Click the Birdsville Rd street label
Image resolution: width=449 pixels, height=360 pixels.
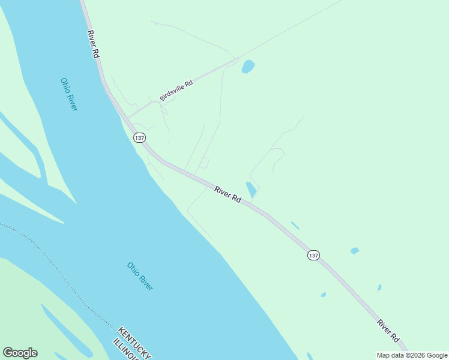tap(176, 91)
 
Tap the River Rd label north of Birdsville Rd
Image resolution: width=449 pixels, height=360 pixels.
tap(93, 44)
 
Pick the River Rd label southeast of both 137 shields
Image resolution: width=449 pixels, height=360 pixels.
tap(389, 331)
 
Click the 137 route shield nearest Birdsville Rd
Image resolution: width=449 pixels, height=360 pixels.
tap(139, 137)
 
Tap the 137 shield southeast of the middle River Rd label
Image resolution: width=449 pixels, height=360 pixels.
tap(313, 255)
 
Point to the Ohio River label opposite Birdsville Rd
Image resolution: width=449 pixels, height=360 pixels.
tap(69, 94)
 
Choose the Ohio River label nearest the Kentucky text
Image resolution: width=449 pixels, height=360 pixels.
tap(140, 276)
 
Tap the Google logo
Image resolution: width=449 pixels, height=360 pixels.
tap(20, 353)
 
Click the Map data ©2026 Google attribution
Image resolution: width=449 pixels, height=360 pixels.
tap(412, 355)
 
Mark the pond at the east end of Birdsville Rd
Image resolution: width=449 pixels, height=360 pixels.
tap(248, 66)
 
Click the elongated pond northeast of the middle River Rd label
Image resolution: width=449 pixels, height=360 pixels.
tap(251, 190)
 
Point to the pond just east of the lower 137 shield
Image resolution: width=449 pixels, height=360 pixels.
tap(355, 251)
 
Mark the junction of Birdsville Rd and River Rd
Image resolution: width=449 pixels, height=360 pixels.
tap(128, 118)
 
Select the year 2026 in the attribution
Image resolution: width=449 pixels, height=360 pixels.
tap(418, 355)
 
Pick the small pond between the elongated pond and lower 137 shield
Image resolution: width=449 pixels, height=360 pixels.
tap(295, 226)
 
